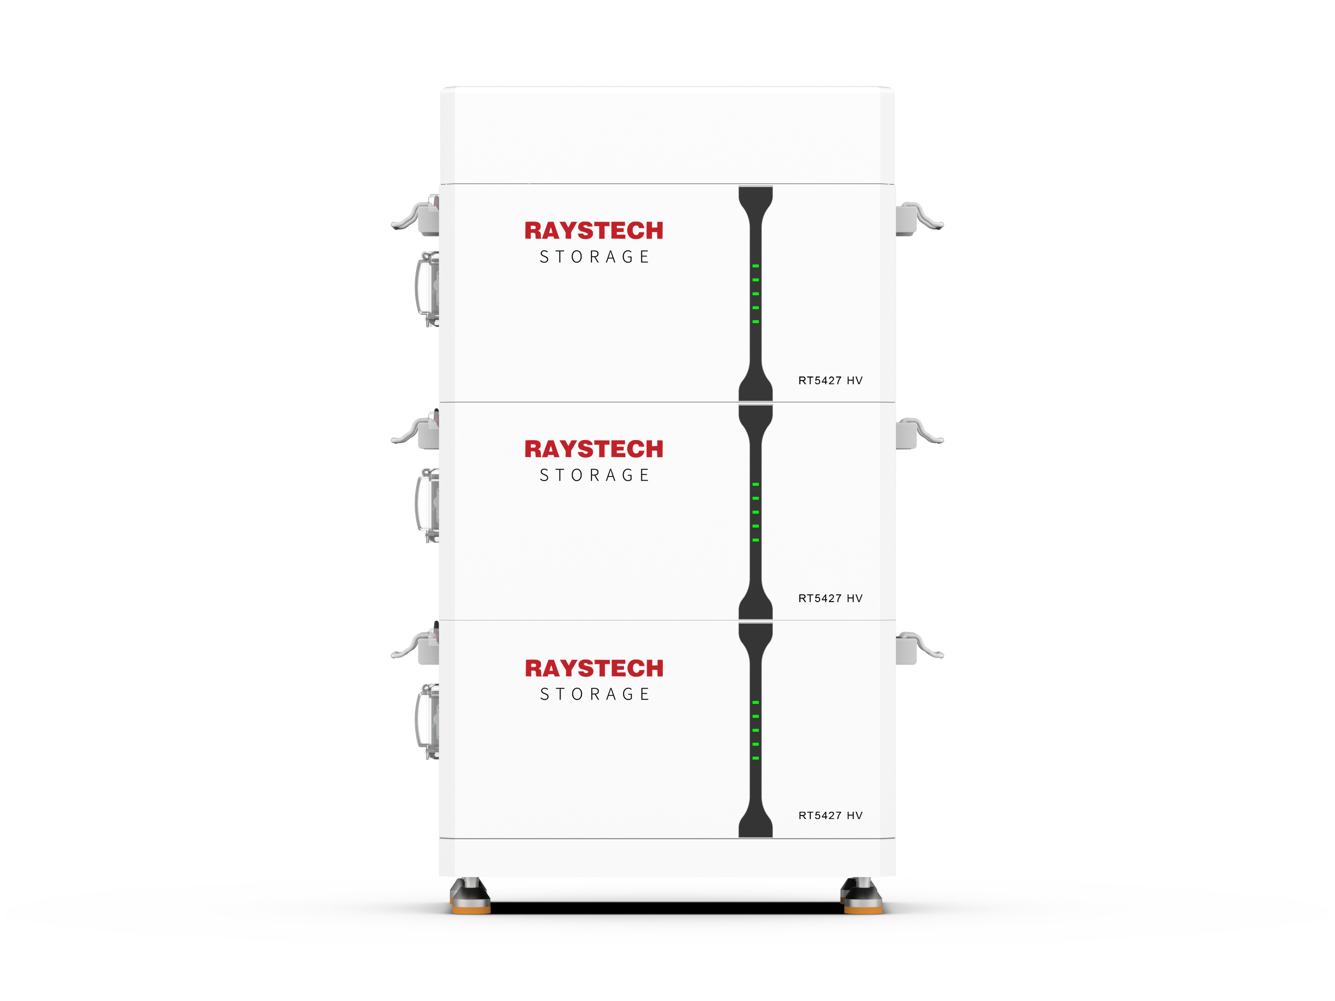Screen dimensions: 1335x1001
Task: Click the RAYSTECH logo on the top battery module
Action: coord(594,230)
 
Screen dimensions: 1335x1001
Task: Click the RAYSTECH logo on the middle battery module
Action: coord(594,449)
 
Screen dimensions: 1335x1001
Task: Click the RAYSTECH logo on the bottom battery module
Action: coord(594,668)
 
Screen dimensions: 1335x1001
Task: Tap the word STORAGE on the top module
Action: coord(594,257)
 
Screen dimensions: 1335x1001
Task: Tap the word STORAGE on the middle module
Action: coord(594,475)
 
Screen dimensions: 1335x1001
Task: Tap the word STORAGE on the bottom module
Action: coord(594,694)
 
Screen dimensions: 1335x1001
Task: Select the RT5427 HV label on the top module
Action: coord(830,381)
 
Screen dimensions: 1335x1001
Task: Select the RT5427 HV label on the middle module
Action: coord(830,599)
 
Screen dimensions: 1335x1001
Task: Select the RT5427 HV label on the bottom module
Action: coord(830,816)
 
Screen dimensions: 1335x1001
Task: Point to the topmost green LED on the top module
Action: coord(756,266)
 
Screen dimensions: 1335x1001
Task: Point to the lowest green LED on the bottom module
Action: coord(756,758)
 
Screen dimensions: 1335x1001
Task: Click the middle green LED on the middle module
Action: coord(756,512)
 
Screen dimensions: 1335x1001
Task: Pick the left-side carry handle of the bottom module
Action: coord(418,722)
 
